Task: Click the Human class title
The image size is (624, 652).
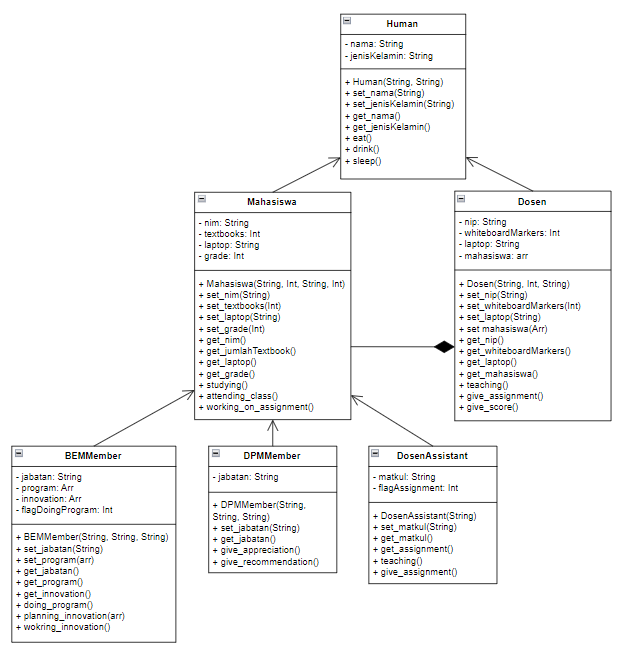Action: coord(402,24)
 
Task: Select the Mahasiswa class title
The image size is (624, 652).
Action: coord(272,202)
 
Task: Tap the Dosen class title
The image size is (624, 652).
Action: coord(531,202)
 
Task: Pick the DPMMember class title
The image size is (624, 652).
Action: coord(272,456)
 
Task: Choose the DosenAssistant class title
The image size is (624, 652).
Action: coord(432,456)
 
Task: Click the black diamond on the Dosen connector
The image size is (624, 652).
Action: coord(444,347)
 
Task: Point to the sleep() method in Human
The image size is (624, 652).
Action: coord(364,160)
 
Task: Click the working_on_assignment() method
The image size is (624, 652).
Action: coord(259,407)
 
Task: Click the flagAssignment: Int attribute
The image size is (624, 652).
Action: coord(418,488)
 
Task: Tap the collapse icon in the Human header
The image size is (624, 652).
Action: coord(347,21)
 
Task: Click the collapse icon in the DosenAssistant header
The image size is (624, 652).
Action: coord(375,454)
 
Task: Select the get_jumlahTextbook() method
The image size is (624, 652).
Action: coord(250,351)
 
